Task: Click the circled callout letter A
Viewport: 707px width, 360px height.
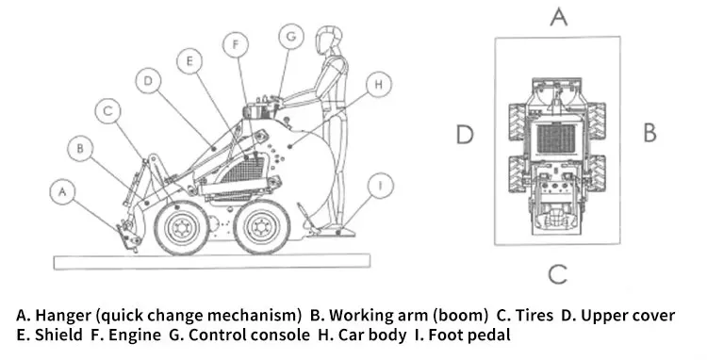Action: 62,192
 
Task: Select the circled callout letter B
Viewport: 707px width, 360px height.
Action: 81,148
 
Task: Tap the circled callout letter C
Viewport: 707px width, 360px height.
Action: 108,111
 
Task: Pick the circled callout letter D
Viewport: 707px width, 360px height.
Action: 148,81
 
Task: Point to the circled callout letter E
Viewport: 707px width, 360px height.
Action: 189,61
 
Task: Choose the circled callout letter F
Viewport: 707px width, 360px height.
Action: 236,44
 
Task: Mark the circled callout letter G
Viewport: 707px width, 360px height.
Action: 291,36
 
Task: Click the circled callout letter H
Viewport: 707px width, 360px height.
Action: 379,84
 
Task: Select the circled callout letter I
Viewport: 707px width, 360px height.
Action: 380,186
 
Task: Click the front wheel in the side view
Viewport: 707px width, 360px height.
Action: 182,227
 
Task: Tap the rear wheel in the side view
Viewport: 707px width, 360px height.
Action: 262,226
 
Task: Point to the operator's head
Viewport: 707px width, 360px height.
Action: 327,41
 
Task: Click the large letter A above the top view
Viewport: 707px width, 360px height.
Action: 559,17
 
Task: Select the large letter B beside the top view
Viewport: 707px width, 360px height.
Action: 649,133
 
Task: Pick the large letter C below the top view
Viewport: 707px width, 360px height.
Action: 558,274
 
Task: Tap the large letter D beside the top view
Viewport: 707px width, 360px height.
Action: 465,134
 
